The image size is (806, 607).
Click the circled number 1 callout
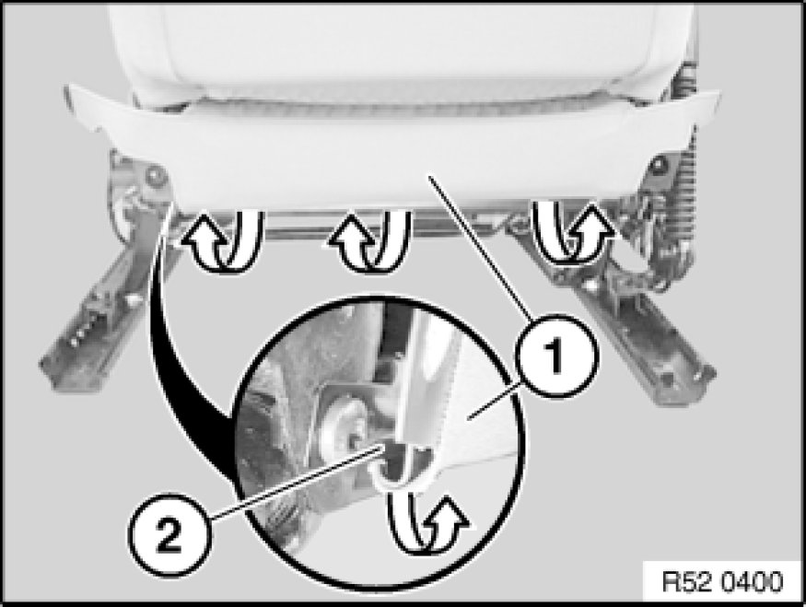pos(557,356)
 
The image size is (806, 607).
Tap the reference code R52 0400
pos(722,582)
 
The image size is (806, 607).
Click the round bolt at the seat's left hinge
pos(153,177)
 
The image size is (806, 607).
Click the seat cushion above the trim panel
pos(391,52)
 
